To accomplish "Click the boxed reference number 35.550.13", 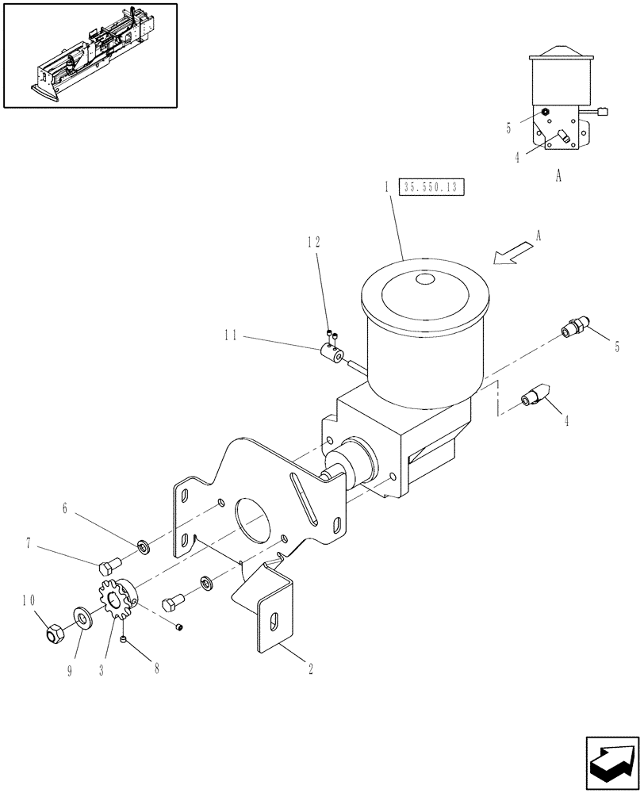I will (x=433, y=188).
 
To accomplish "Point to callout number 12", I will (x=314, y=242).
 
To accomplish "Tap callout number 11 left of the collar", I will (x=232, y=335).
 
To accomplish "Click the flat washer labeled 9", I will (x=82, y=615).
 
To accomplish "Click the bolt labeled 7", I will (x=108, y=565).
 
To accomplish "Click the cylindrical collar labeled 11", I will (x=334, y=354).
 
